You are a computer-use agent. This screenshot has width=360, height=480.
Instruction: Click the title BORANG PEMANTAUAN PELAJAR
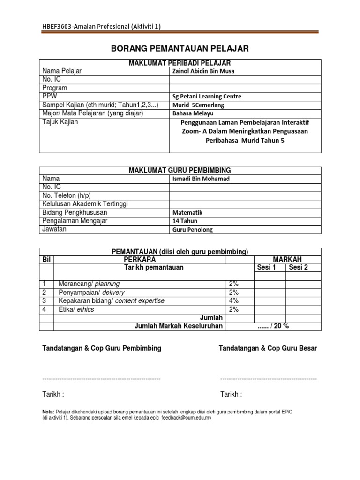click(x=180, y=48)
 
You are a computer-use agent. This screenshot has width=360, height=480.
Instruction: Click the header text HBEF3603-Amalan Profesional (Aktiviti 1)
click(x=101, y=26)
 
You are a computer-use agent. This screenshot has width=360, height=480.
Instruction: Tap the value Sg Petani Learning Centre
click(x=207, y=96)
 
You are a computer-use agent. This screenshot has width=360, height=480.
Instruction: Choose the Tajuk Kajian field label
click(x=60, y=122)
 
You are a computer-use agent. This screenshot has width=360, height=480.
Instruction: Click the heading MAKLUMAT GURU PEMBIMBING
click(x=180, y=170)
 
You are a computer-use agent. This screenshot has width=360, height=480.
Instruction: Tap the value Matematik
click(x=187, y=212)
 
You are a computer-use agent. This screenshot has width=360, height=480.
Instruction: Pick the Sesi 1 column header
click(x=270, y=268)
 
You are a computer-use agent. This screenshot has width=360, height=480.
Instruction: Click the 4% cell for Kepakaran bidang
click(x=233, y=301)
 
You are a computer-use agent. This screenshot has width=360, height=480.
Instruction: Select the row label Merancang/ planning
click(x=89, y=284)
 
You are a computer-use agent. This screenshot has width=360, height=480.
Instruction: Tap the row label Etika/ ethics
click(x=76, y=309)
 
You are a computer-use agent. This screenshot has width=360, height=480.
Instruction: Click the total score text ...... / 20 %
click(x=273, y=326)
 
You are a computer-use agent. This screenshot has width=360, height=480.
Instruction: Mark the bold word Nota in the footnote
click(x=48, y=411)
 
